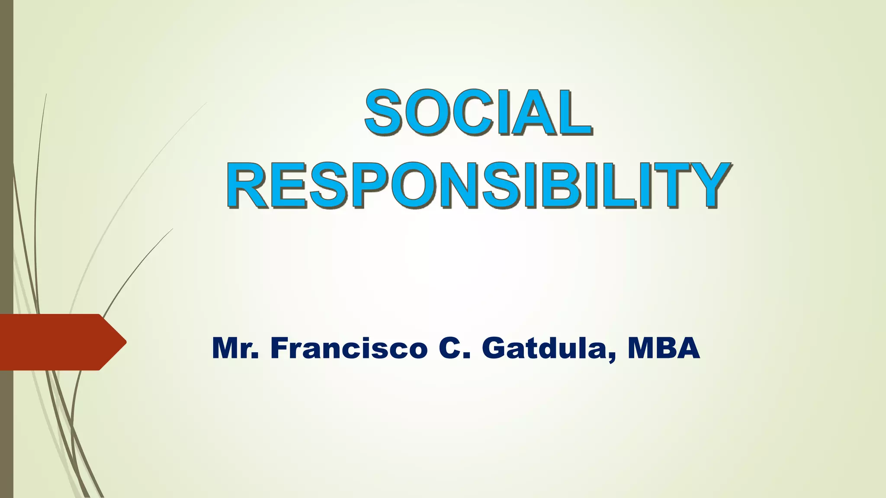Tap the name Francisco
tap(349, 348)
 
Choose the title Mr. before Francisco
tap(235, 348)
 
